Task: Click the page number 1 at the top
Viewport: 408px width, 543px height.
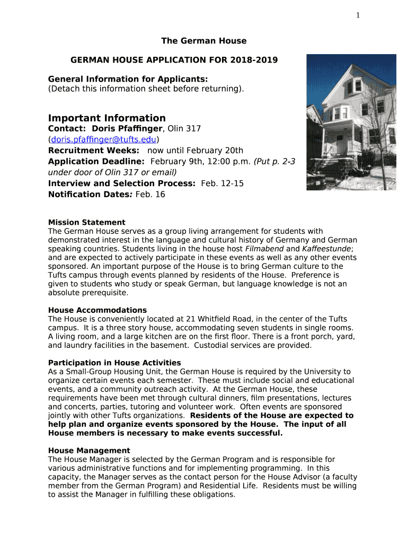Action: point(358,15)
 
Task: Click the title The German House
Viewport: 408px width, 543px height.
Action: point(204,41)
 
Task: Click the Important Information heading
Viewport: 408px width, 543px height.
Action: point(107,118)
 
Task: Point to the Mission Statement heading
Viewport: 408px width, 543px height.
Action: point(87,222)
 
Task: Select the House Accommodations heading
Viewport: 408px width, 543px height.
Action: point(97,310)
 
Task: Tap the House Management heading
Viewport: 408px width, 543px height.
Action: point(89,450)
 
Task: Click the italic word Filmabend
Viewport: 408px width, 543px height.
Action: point(263,249)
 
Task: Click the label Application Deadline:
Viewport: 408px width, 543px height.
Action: point(96,161)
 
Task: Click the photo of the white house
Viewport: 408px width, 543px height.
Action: point(351,122)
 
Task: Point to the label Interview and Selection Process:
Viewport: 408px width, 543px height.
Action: point(122,183)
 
